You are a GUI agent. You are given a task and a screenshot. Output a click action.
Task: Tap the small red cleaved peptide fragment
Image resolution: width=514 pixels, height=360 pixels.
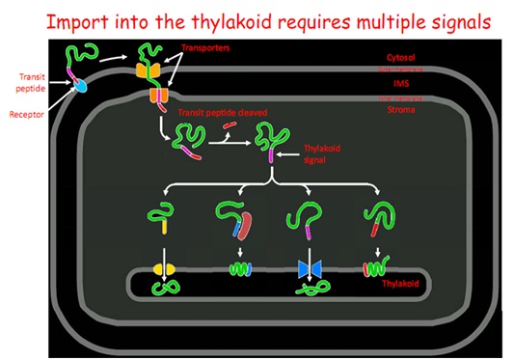(x=229, y=125)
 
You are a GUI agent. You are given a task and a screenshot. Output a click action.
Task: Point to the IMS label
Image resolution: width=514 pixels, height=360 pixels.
(x=400, y=84)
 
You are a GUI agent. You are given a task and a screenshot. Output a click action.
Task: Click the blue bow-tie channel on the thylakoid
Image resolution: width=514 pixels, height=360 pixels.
(x=311, y=267)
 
